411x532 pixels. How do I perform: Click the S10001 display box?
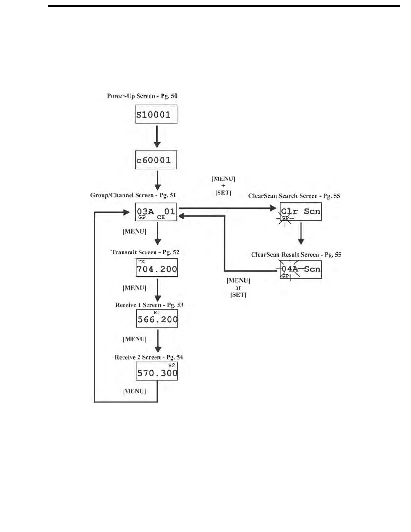156,115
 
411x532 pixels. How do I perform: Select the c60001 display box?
156,160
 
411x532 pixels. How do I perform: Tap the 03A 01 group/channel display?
156,212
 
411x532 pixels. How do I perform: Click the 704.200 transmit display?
156,268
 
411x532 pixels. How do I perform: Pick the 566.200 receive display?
157,318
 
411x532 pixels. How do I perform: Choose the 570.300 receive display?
156,371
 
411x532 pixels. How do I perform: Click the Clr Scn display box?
301,212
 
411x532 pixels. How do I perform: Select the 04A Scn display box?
301,270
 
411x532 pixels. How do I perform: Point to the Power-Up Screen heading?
142,96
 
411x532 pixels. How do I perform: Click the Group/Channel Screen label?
133,195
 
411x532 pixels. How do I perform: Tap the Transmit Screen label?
145,252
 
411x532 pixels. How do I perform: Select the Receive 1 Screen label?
149,305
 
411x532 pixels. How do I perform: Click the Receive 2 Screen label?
148,357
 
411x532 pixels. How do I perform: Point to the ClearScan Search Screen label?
294,196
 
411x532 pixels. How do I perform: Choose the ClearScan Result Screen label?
296,255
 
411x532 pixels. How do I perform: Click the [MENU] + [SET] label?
223,186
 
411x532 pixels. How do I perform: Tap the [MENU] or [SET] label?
238,287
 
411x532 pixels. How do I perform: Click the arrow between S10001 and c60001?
157,137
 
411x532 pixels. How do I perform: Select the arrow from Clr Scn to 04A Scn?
301,233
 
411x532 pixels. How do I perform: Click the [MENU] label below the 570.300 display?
134,391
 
